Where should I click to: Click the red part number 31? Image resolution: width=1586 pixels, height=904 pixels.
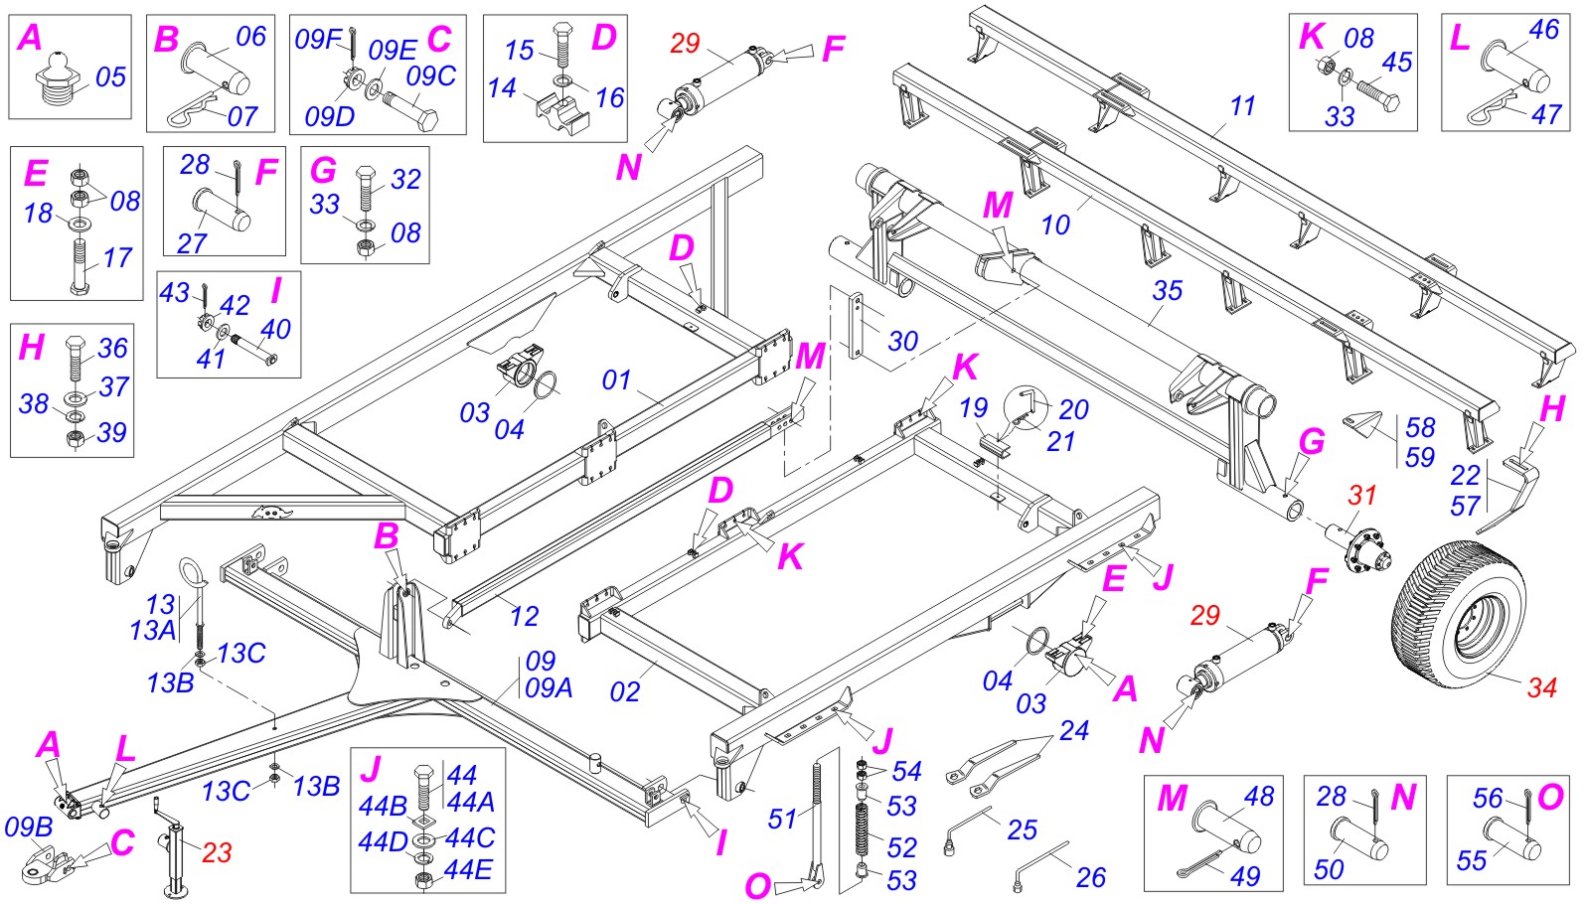tap(1362, 494)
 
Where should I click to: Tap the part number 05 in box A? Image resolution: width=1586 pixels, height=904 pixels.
tap(110, 77)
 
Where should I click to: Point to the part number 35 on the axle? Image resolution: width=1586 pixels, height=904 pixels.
tap(1167, 290)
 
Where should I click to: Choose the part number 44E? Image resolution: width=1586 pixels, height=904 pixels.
tap(467, 869)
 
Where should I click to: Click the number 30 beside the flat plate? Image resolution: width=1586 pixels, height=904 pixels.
tap(902, 341)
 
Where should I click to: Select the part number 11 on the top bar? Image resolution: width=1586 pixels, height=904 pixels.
tap(1242, 106)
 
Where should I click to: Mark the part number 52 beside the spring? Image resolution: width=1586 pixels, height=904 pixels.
tap(901, 847)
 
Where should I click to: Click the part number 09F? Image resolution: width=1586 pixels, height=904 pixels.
tap(318, 40)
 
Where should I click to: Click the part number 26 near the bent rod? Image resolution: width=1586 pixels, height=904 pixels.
tap(1090, 877)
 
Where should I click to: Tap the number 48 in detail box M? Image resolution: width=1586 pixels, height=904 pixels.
tap(1258, 796)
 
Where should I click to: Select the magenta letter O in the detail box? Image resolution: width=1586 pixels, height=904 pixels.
tap(1549, 796)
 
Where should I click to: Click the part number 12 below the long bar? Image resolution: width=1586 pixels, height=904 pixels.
tap(524, 616)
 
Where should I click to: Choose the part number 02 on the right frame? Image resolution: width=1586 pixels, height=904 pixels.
tap(624, 691)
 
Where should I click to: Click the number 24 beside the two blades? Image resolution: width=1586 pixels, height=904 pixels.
tap(1073, 730)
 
